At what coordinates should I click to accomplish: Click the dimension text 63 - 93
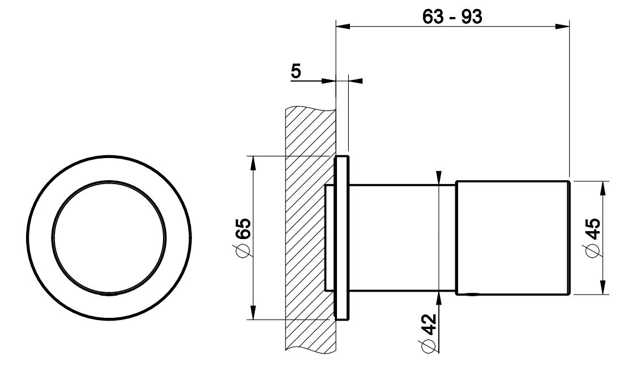point(452,17)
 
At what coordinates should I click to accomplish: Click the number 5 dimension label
point(296,71)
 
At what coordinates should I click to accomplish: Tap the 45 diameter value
point(593,229)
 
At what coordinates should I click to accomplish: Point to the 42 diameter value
point(429,324)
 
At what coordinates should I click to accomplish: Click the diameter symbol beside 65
point(243,250)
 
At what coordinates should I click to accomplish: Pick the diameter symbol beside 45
point(593,250)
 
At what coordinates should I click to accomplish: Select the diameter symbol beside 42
point(428,346)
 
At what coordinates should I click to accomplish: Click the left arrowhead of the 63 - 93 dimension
point(343,27)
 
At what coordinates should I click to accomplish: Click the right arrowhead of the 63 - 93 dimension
point(562,27)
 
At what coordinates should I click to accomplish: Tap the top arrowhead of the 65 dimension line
point(253,163)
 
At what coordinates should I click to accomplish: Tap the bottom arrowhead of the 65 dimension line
point(253,312)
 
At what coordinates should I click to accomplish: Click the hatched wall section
point(309,228)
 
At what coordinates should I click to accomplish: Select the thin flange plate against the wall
point(341,238)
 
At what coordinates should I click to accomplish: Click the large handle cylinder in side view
point(512,238)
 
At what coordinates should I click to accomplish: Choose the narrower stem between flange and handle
point(402,238)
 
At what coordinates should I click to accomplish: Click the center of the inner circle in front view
point(109,238)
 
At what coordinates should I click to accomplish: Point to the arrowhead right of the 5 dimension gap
point(356,81)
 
